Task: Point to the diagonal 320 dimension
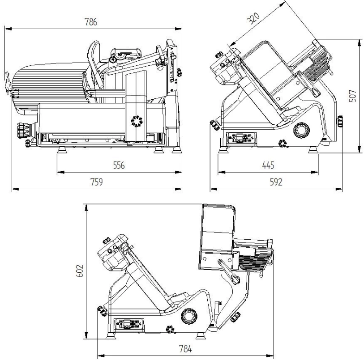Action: tap(254, 19)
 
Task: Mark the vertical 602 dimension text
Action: tap(79, 271)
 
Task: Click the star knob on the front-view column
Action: tap(136, 121)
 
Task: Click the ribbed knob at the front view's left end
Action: tap(21, 131)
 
